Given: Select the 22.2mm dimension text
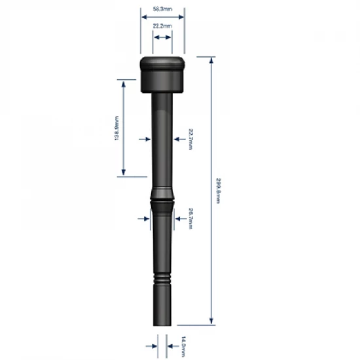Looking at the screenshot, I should [162, 26].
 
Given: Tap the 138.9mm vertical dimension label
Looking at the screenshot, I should [117, 128].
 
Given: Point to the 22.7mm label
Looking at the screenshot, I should [190, 139].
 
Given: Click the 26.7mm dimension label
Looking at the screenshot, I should [190, 219].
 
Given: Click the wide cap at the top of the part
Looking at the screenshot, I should [162, 74].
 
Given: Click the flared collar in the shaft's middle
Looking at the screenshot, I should [162, 196].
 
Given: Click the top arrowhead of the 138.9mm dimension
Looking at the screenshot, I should [122, 82].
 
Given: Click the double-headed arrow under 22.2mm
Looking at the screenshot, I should [162, 38].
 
